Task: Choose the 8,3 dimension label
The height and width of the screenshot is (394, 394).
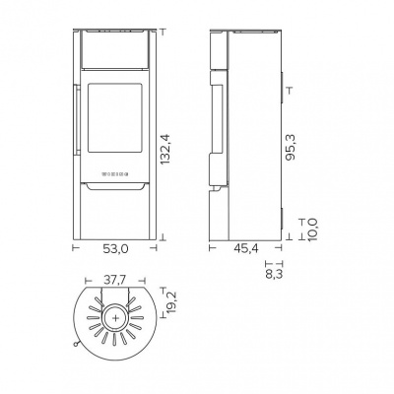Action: (275, 278)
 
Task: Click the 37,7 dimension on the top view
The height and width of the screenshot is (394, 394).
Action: (115, 279)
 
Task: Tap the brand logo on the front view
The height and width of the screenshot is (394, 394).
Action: (115, 173)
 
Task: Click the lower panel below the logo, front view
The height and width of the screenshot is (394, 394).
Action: (115, 212)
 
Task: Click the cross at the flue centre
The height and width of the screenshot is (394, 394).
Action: (115, 318)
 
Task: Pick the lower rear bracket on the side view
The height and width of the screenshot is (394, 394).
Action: (281, 221)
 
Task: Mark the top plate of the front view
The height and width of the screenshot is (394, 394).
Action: (115, 29)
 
